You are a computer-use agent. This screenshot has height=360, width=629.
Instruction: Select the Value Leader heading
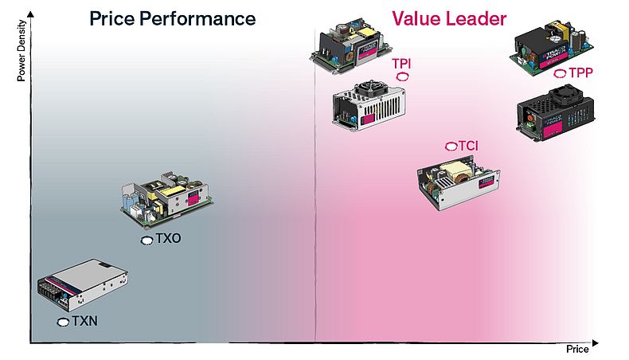[x=449, y=18]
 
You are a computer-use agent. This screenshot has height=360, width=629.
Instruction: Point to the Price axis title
[x=577, y=350]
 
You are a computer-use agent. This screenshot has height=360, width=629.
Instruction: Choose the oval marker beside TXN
[x=64, y=322]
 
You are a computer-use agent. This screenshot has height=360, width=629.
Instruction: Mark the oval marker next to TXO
[x=147, y=240]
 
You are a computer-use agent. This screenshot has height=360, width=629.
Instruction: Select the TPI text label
[x=401, y=64]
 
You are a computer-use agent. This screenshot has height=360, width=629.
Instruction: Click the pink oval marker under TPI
[x=403, y=76]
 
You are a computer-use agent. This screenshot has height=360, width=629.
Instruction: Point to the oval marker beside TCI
[x=451, y=147]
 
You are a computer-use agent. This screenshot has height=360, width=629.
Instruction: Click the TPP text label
[x=580, y=72]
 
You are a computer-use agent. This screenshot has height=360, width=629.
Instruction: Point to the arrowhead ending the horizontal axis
[x=596, y=343]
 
